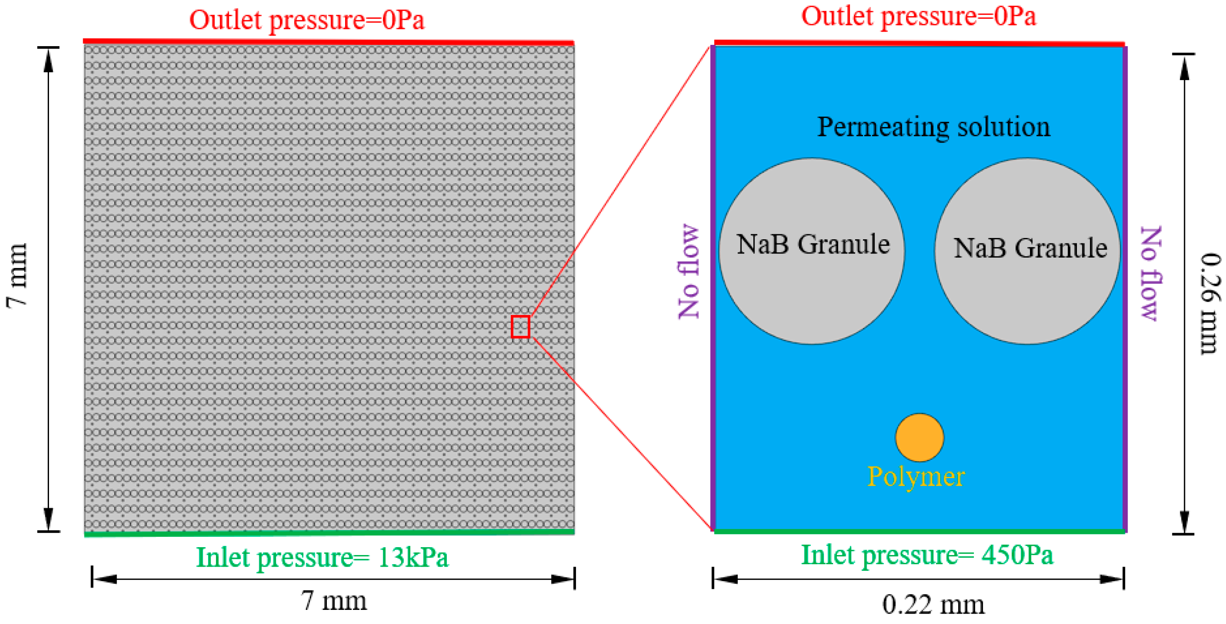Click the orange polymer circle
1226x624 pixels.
click(x=919, y=437)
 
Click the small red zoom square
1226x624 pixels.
click(x=520, y=327)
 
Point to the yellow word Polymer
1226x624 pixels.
click(x=916, y=476)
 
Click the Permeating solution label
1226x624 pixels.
click(x=933, y=127)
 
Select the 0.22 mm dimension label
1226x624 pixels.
click(x=933, y=604)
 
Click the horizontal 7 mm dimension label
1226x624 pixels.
click(x=333, y=601)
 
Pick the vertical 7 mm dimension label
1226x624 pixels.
click(x=17, y=275)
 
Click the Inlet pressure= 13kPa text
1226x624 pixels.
click(x=322, y=557)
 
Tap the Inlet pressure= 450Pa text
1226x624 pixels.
click(x=927, y=555)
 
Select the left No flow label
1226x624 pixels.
click(x=689, y=271)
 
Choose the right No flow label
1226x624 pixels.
click(x=1151, y=273)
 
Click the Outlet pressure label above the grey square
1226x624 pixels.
click(x=306, y=20)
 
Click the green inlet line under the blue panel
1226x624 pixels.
click(x=919, y=531)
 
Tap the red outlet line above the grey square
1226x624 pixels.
click(x=329, y=42)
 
